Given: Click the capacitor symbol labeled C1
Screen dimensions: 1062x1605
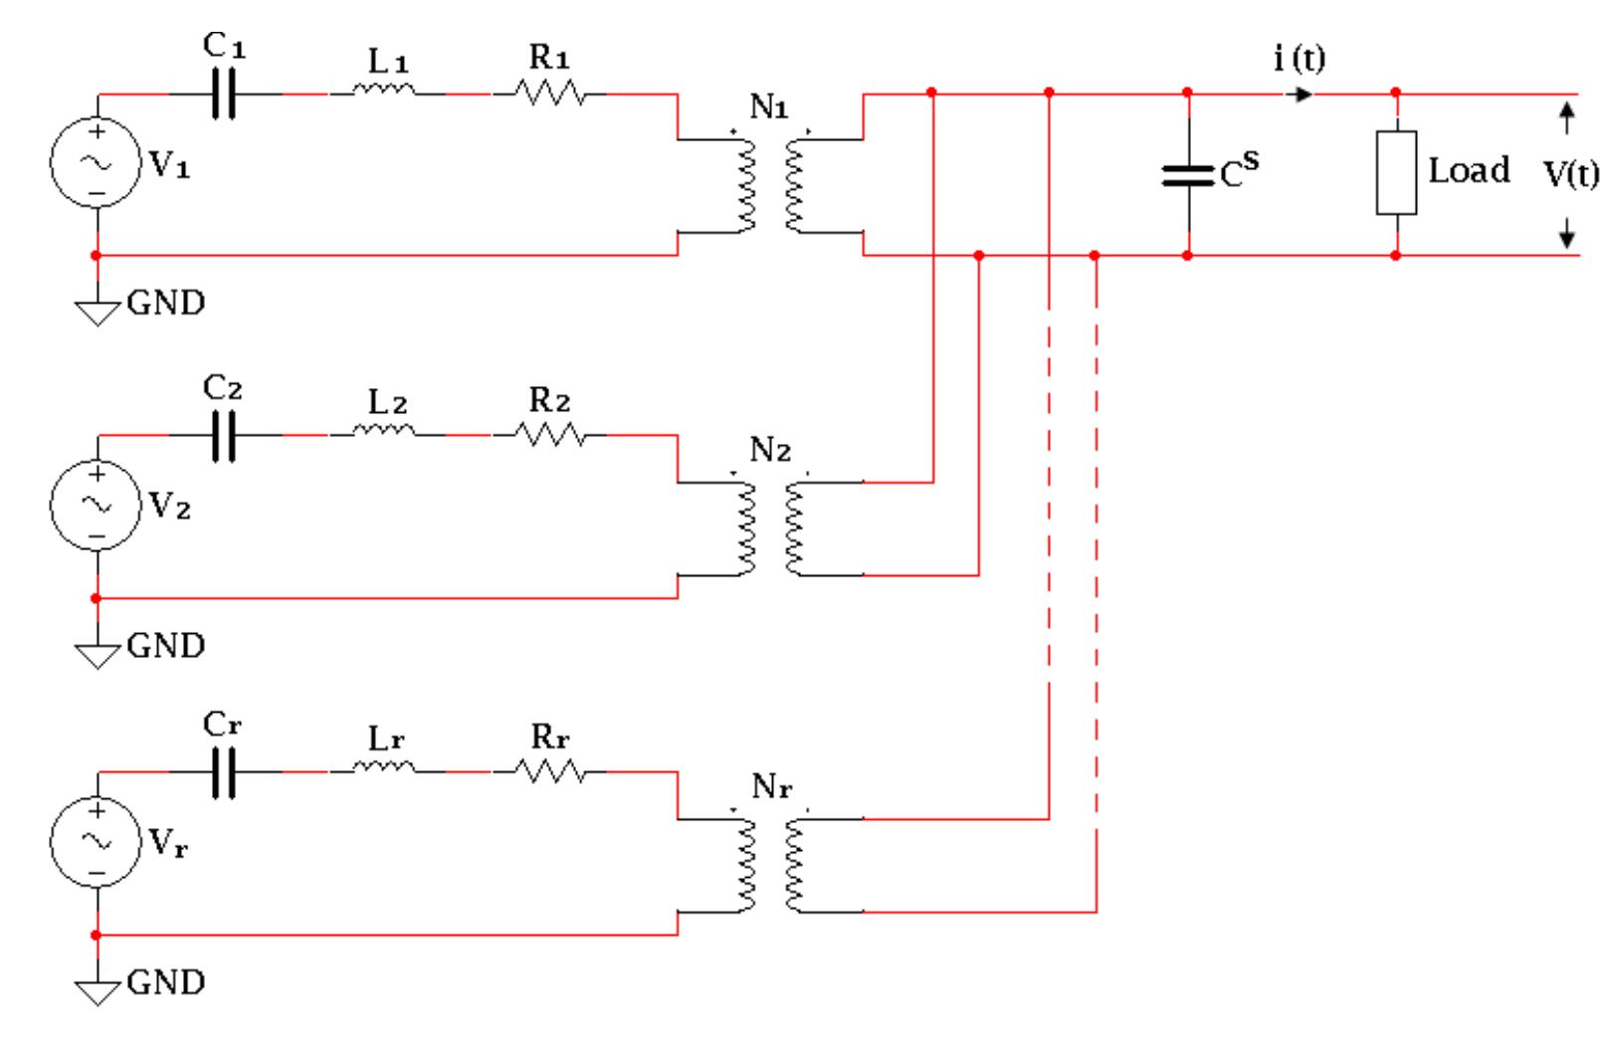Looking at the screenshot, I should point(225,95).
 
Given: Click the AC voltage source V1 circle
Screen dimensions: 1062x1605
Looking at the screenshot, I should point(96,163).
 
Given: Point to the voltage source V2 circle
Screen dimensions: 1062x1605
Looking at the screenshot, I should point(96,505).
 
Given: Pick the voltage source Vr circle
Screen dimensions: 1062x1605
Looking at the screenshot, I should point(96,842).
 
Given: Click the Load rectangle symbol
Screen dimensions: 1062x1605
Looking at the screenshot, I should point(1396,172).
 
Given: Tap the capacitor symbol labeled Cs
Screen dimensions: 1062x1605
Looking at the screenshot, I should point(1187,175).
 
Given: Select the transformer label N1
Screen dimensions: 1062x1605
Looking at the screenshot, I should point(768,107).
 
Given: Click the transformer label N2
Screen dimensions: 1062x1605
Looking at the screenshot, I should point(769,450).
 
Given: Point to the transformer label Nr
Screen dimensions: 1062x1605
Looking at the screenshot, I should point(771,787).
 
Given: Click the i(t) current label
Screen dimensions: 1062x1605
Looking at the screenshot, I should point(1299,59).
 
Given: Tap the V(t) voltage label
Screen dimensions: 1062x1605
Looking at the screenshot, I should point(1570,175).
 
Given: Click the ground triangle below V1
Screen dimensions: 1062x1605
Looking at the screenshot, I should point(97,314).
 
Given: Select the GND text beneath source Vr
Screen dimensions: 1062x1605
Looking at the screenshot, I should point(166,982).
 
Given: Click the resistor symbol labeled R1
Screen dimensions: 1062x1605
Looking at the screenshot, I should point(549,94).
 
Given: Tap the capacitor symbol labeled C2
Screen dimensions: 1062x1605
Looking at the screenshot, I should point(225,436).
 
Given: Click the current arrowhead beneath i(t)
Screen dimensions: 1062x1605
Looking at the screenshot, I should point(1303,95).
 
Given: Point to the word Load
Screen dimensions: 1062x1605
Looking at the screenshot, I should point(1469,170).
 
